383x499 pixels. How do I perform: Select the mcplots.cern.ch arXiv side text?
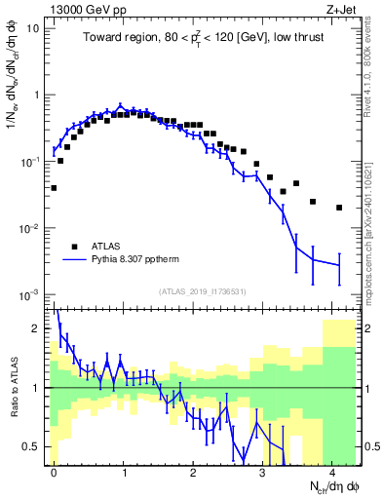click(x=374, y=214)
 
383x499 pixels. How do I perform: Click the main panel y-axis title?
click(x=13, y=93)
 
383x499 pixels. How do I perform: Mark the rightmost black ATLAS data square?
click(x=339, y=208)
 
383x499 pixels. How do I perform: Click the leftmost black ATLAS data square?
click(x=54, y=188)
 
